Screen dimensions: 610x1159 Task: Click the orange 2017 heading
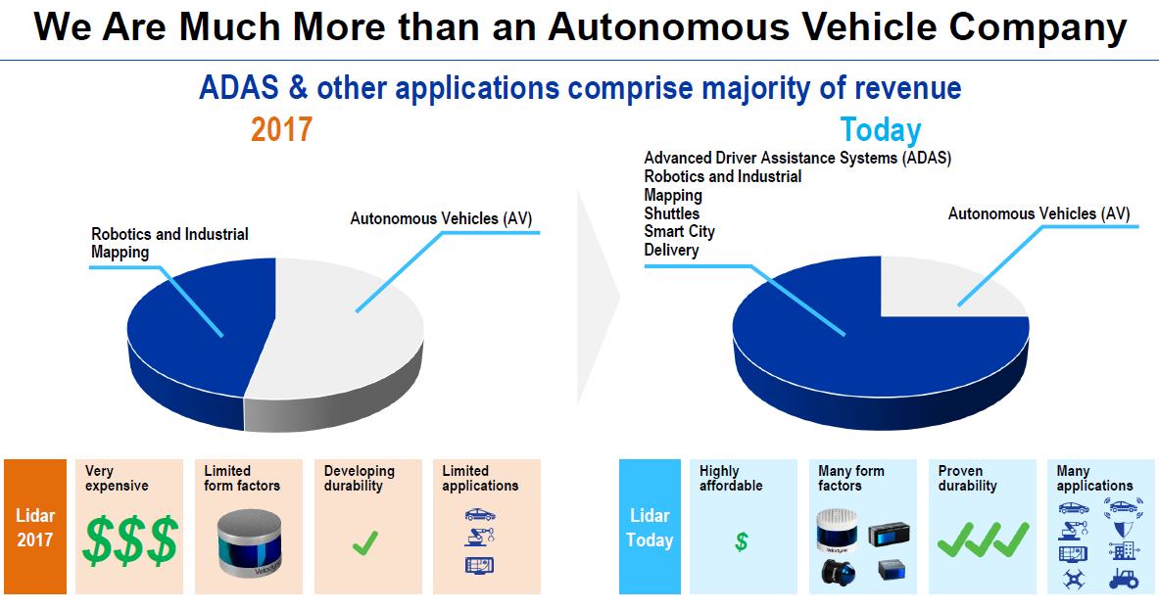pyautogui.click(x=281, y=129)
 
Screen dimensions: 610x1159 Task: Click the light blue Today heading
pyautogui.click(x=880, y=130)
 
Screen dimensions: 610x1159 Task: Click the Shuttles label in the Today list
pyautogui.click(x=672, y=213)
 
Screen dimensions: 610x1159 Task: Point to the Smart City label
pyautogui.click(x=679, y=232)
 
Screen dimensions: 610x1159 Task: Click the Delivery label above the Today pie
pyautogui.click(x=671, y=251)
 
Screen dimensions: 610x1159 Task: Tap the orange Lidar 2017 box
pyautogui.click(x=34, y=527)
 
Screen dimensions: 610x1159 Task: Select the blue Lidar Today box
pyautogui.click(x=650, y=527)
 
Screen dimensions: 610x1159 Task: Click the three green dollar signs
pyautogui.click(x=130, y=541)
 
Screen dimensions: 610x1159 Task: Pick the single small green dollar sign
pyautogui.click(x=742, y=541)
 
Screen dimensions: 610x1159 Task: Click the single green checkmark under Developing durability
pyautogui.click(x=364, y=541)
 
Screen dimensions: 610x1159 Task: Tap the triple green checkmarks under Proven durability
pyautogui.click(x=983, y=539)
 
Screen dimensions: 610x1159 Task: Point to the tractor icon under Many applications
pyautogui.click(x=1123, y=579)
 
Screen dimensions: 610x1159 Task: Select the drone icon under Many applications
pyautogui.click(x=1073, y=580)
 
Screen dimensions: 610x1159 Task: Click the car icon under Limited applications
pyautogui.click(x=479, y=514)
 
